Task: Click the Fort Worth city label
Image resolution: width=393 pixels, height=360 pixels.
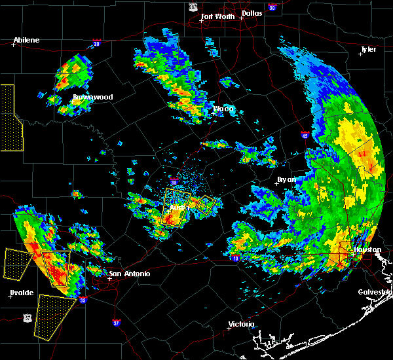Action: (217, 16)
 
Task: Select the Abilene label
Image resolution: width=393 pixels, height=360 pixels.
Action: (26, 40)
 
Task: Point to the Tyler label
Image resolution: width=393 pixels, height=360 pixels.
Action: (368, 50)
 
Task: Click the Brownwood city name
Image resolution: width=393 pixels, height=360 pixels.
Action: (92, 97)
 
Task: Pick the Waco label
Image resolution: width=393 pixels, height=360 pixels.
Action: (223, 109)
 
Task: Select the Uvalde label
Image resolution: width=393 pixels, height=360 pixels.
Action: (22, 293)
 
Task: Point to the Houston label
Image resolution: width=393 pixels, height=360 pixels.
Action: (367, 249)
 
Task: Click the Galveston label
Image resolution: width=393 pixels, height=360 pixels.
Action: (374, 292)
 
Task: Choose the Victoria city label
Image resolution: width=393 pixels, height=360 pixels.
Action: (240, 325)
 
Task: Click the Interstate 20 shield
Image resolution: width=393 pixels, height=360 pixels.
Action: (97, 44)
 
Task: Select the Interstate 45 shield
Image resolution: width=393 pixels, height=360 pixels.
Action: (305, 135)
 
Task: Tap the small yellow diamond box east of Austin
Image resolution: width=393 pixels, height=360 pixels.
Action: (206, 206)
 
